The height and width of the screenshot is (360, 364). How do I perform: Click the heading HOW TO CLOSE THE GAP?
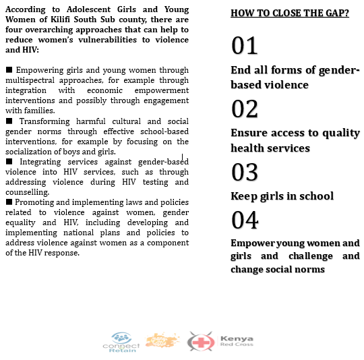click(x=290, y=13)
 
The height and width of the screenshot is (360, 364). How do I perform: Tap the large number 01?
click(x=245, y=45)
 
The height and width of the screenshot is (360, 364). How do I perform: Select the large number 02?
click(x=245, y=109)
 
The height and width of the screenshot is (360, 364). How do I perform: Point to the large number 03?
click(x=245, y=172)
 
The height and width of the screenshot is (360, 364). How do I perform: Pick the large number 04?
click(x=245, y=220)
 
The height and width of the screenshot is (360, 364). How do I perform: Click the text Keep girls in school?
click(x=282, y=196)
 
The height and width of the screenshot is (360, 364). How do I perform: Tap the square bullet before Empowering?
click(x=9, y=69)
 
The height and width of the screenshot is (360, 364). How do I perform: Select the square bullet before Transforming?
click(x=9, y=121)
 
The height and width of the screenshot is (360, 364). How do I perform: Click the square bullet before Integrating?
click(x=9, y=162)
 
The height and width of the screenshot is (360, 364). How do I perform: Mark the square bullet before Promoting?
click(x=9, y=202)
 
